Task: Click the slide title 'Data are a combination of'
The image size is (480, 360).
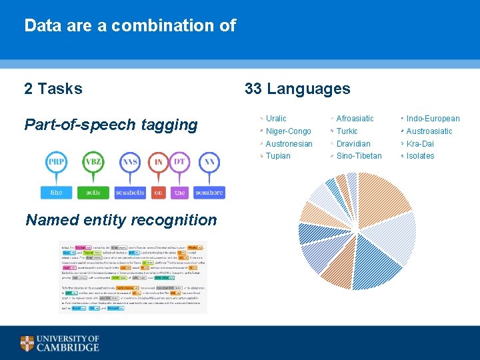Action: (130, 26)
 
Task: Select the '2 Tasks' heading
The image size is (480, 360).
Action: (53, 89)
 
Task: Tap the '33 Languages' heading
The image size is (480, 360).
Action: (297, 89)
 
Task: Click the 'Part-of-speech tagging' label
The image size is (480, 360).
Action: (111, 125)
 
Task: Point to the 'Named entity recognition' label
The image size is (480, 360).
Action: (121, 220)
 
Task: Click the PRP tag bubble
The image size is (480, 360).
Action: (56, 162)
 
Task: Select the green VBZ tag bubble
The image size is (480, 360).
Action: (93, 162)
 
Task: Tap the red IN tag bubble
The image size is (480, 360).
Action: (159, 162)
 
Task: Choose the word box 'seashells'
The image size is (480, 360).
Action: (130, 192)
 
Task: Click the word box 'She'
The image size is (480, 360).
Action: (56, 192)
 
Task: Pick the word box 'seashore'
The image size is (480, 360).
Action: (209, 192)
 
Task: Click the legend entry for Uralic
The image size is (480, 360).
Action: (276, 119)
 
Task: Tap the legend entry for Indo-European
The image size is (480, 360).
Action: (433, 119)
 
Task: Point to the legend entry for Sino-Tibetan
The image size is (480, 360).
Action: (359, 156)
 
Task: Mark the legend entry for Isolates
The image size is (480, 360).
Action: (420, 156)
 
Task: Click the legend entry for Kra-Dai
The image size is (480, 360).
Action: (420, 144)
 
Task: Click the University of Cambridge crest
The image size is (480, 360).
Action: (27, 343)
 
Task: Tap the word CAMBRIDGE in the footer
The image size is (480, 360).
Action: (67, 347)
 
